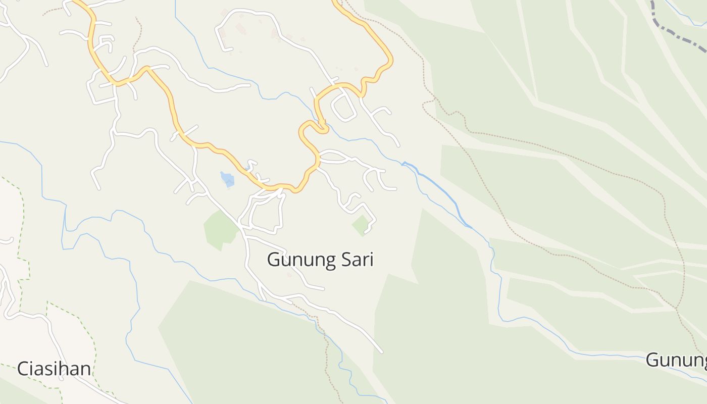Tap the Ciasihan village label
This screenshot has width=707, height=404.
(x=54, y=369)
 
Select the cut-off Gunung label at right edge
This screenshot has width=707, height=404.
(x=677, y=360)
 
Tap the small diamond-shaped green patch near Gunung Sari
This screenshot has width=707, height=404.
(x=361, y=225)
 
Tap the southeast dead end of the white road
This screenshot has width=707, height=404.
(x=381, y=351)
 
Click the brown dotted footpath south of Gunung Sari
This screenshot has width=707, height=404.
(x=326, y=353)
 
